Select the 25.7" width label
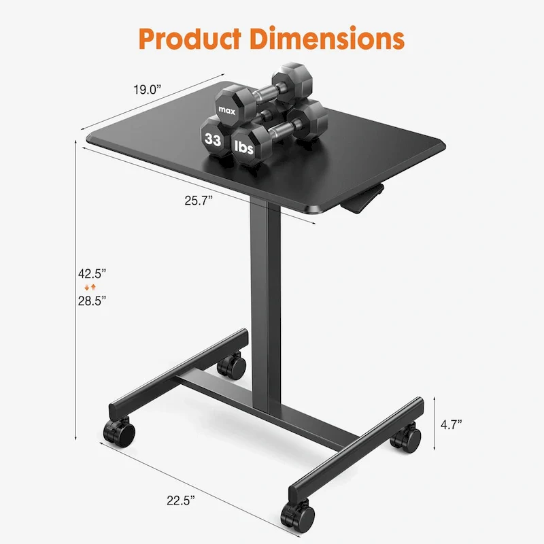click(199, 199)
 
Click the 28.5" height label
click(92, 300)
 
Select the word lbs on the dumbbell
click(245, 146)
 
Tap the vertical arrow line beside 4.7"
click(433, 424)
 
